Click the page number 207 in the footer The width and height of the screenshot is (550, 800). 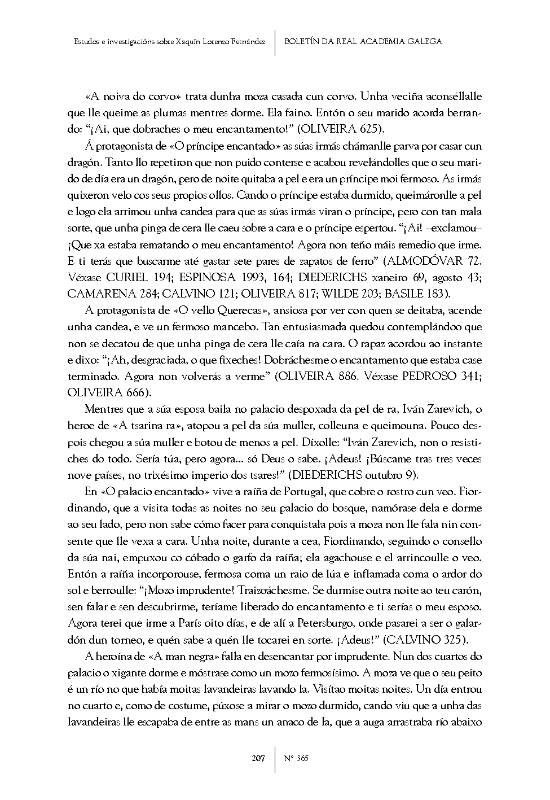(x=258, y=758)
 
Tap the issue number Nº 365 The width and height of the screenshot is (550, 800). (x=296, y=758)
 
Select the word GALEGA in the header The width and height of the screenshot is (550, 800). (x=423, y=41)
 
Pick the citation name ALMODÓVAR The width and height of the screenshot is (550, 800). (x=426, y=261)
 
